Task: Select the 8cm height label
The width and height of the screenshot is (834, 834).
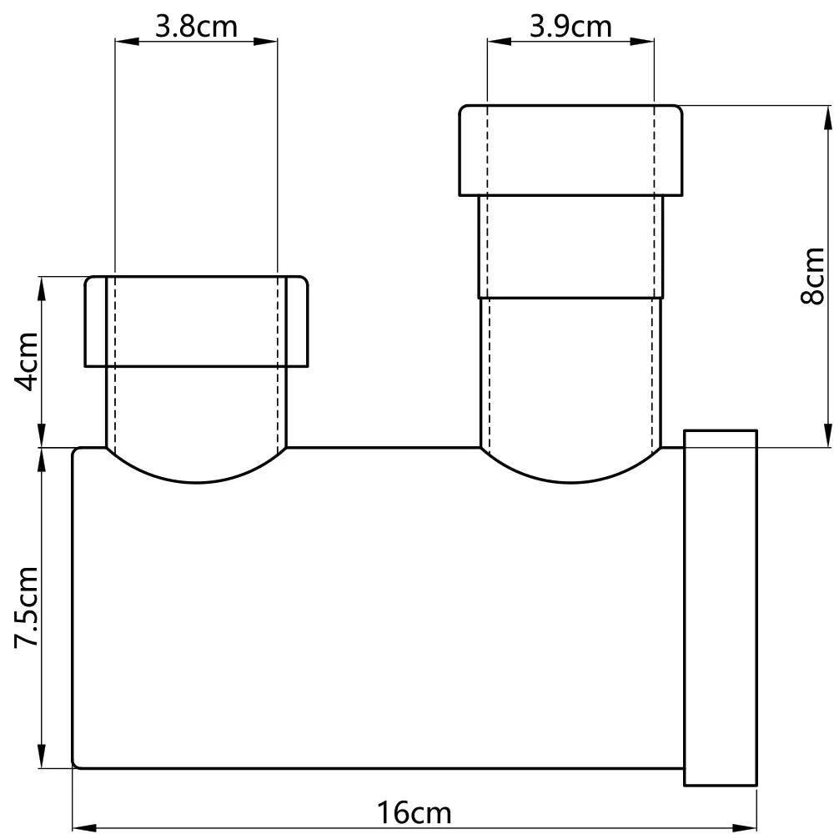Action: (812, 276)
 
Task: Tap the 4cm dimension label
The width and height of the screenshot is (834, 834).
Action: (27, 362)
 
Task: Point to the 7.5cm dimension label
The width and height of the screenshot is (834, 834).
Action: (27, 606)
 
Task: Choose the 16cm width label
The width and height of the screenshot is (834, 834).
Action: (414, 812)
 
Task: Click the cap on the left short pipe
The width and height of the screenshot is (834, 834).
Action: (197, 321)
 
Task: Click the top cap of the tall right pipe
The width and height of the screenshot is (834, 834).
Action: (570, 151)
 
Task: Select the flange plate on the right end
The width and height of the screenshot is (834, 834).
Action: (721, 607)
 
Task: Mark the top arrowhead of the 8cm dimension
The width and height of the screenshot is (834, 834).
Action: (827, 116)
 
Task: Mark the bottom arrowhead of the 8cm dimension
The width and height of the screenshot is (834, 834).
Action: (827, 437)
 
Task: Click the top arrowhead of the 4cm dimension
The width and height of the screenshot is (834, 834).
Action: (42, 286)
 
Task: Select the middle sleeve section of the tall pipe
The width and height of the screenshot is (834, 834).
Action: (570, 247)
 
